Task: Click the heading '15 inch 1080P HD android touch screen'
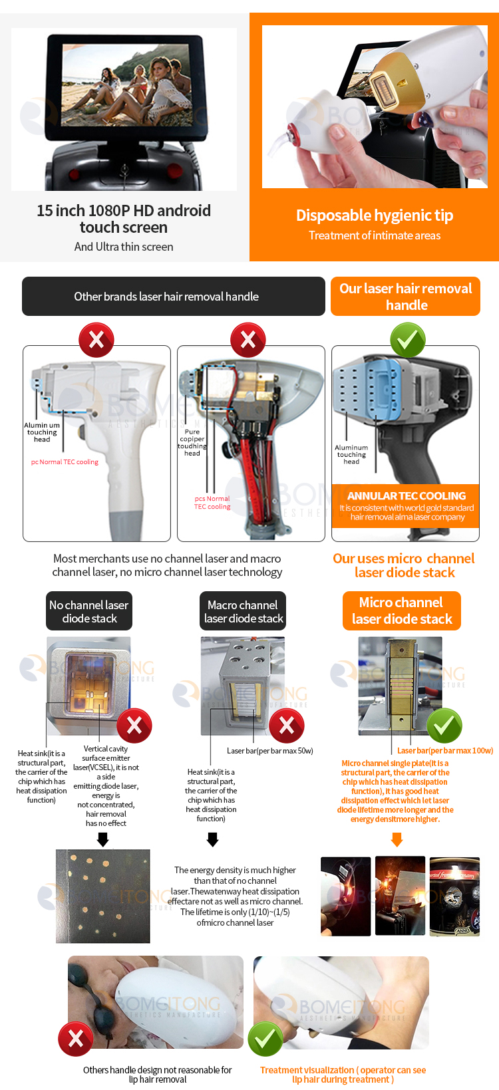coord(124,219)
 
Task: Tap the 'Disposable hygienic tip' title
coord(375,215)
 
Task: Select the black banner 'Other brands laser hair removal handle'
coord(166,297)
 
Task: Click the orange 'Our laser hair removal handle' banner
coord(406,297)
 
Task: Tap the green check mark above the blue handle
coord(407,341)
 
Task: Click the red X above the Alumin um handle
coord(96,341)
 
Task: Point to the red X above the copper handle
coord(248,341)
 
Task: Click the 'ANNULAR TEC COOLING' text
coord(406,496)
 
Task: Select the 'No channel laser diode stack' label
coord(89,611)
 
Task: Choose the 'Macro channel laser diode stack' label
coord(244,611)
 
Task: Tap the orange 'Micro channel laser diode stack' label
coord(402,611)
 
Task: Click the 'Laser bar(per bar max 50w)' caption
coord(269,751)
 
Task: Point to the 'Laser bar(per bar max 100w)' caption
coord(445,751)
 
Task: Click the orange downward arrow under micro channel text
coord(397,840)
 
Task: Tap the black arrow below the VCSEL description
coord(102,841)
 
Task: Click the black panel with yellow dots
coord(103,896)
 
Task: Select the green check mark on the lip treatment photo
coord(265,1039)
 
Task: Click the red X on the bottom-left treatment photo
coord(76,1039)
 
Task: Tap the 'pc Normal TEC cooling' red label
coord(65,462)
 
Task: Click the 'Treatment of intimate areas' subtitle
coord(375,235)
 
